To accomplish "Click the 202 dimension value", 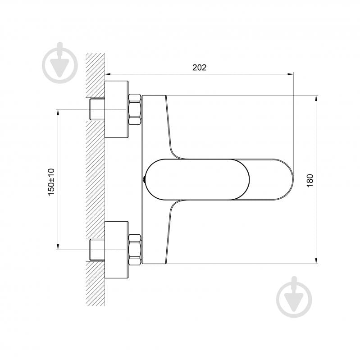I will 199,68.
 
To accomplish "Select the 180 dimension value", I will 310,180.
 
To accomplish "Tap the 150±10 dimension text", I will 51,181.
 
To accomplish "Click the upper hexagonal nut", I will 135,109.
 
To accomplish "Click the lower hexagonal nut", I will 135,250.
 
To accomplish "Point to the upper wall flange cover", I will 116,109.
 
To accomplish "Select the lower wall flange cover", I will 116,250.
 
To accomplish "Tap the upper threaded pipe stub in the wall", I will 97,109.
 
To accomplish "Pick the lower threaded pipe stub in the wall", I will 97,250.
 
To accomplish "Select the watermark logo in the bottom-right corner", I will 294,297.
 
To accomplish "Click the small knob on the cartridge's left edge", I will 144,179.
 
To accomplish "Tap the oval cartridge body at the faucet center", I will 197,179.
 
